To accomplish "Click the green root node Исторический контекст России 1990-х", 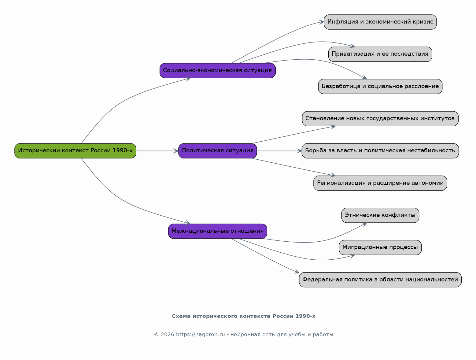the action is [x=75, y=151].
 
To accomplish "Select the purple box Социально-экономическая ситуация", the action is [x=217, y=70].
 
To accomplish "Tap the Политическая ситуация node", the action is [x=217, y=151].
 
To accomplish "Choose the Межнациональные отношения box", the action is [x=217, y=231].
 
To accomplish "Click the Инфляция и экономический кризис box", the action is [x=380, y=22].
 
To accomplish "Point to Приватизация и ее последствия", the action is [x=380, y=54].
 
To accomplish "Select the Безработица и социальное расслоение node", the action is [x=380, y=86].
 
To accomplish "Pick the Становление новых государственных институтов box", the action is [x=380, y=119].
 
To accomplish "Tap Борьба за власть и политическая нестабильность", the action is [x=380, y=151].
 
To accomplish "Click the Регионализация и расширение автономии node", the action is [x=380, y=183].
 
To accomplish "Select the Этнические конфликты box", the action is [x=380, y=215].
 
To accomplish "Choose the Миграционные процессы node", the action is [x=380, y=247].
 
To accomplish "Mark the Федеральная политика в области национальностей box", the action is [x=380, y=280].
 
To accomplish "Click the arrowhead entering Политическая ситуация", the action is [x=176, y=151].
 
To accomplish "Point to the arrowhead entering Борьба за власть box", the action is [x=299, y=151].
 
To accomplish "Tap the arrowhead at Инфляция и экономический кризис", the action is [x=321, y=22].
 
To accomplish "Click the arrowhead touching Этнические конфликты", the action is [x=364, y=225].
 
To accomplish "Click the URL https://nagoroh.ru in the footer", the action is [x=200, y=334].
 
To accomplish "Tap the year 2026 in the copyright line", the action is [x=168, y=334].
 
